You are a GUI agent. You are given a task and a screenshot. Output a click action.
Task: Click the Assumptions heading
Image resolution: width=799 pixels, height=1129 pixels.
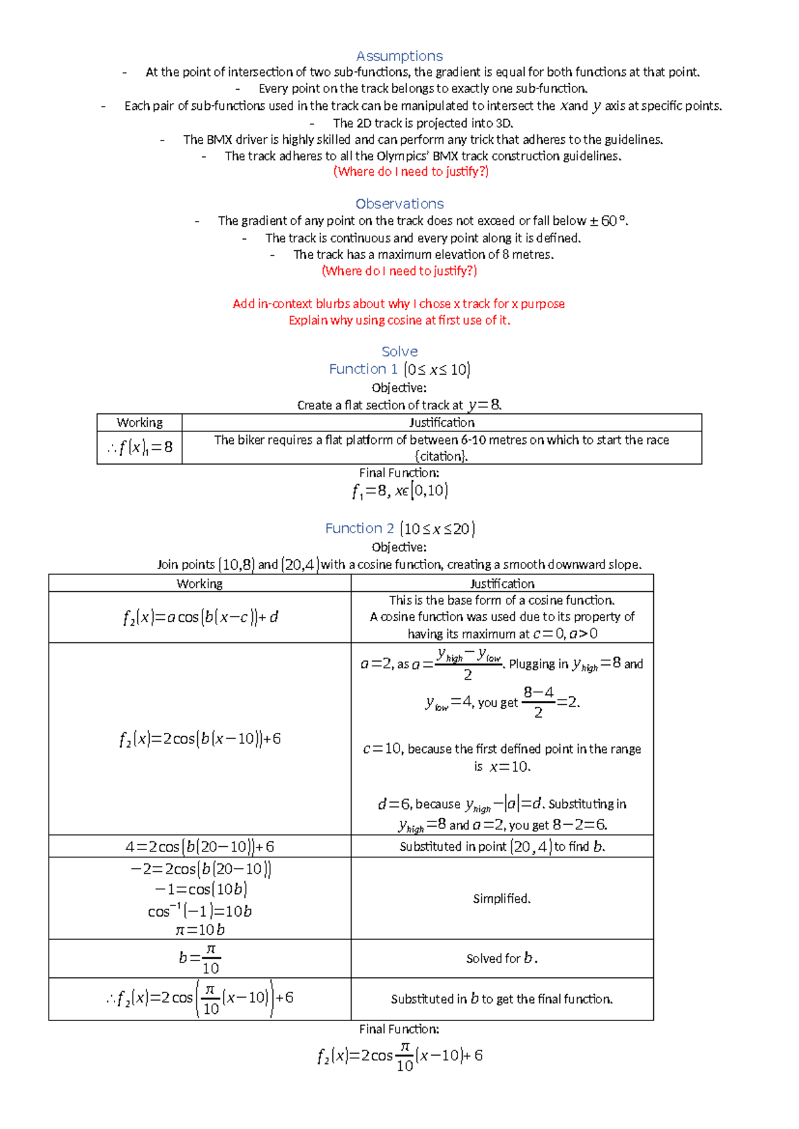(x=400, y=56)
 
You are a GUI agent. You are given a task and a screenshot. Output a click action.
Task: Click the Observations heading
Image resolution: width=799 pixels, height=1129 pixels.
(x=400, y=204)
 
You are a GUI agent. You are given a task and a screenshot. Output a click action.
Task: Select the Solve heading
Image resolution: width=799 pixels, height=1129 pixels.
(x=400, y=351)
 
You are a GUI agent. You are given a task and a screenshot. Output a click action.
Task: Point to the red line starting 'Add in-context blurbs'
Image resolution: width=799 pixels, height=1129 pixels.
(x=398, y=304)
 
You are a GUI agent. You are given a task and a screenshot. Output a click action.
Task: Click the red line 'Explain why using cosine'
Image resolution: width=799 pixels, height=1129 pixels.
(x=399, y=320)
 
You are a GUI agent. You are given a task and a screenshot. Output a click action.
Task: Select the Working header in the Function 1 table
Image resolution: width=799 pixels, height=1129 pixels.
(x=139, y=423)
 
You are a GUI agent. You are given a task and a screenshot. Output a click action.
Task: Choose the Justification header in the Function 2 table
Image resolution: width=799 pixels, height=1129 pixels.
(x=502, y=584)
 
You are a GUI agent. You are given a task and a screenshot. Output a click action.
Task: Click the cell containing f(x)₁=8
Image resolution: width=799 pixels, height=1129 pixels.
(x=140, y=447)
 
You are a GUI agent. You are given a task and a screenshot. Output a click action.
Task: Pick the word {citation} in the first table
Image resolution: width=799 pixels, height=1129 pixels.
(x=441, y=457)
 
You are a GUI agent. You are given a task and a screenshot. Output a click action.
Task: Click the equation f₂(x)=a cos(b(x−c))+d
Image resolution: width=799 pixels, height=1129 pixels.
(x=200, y=618)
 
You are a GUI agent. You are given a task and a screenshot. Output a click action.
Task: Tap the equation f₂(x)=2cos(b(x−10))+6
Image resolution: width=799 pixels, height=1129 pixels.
(x=200, y=739)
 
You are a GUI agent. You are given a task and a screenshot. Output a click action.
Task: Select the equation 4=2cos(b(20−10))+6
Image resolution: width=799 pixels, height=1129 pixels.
(x=200, y=847)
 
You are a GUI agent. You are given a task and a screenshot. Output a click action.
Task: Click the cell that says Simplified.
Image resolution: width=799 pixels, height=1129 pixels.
(x=502, y=899)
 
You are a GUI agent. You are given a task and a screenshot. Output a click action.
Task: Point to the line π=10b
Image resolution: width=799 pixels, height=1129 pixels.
(x=200, y=930)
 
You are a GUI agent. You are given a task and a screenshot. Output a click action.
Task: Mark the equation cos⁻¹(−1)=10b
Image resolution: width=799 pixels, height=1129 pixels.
(x=200, y=911)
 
